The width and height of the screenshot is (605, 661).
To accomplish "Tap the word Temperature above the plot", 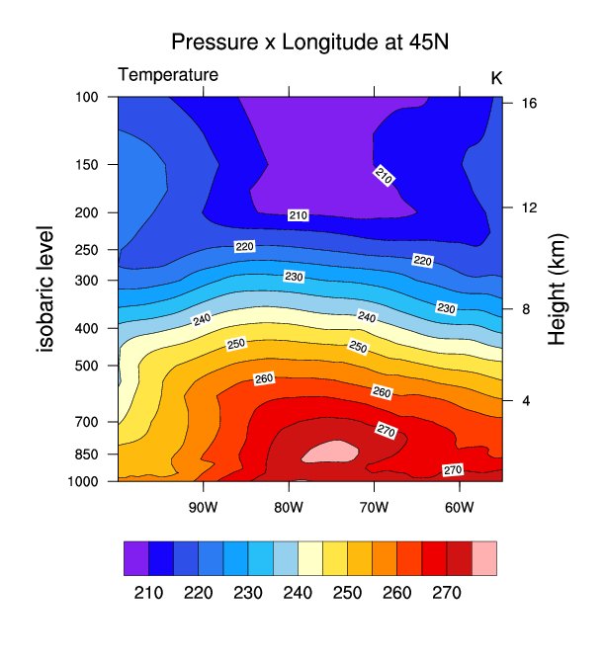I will coord(168,75).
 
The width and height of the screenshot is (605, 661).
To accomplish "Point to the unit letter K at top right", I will coord(496,77).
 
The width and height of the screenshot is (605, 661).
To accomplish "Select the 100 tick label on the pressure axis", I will coord(88,97).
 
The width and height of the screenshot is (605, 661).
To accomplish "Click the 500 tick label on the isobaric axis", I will coord(88,366).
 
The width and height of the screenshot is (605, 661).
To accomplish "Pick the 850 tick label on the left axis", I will coord(88,454).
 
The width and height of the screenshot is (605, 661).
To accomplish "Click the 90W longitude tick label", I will coord(203,508).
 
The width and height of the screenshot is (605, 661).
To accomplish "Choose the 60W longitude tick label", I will coord(460,508).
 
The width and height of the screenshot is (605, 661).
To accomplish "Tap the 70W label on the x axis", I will coord(374,508).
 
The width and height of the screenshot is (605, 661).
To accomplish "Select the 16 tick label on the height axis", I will coord(529,103).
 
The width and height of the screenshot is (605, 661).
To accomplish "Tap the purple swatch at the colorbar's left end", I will coord(135,558).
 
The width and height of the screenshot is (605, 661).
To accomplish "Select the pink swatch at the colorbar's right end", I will coord(484,558).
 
